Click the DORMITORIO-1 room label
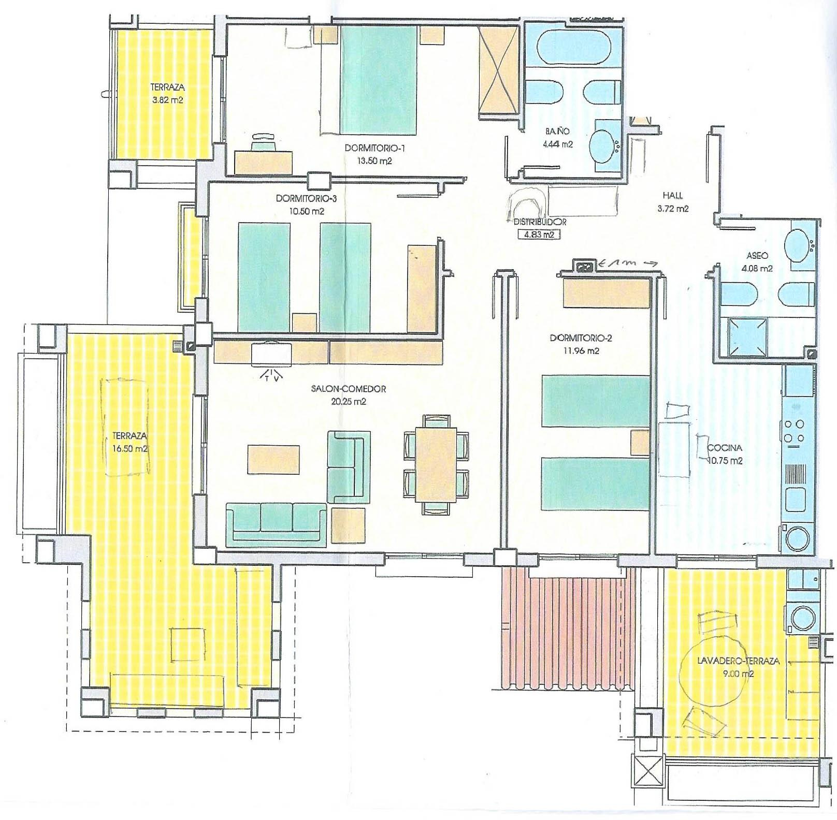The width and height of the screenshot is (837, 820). point(374,149)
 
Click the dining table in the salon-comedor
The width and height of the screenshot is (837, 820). point(436,464)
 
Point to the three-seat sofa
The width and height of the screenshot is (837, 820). point(277,524)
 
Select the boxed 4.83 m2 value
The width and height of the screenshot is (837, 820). point(540,234)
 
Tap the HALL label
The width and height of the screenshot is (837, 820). point(673,196)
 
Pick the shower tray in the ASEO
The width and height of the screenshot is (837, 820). point(747,337)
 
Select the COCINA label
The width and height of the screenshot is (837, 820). point(725,448)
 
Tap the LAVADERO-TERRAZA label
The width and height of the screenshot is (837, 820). point(731,661)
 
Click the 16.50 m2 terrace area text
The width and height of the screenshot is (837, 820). point(129,449)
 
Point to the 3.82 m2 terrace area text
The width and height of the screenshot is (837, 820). point(168,100)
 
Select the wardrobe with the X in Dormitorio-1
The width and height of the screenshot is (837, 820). point(498,70)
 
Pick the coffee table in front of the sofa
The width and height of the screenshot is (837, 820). point(273,459)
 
